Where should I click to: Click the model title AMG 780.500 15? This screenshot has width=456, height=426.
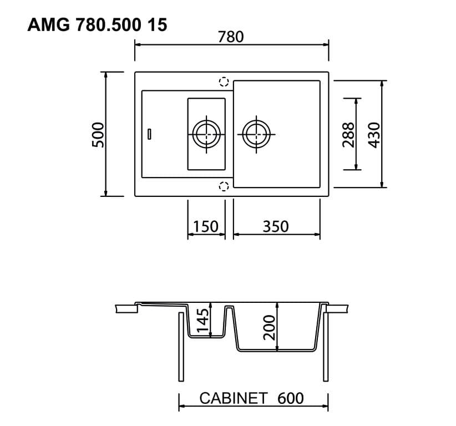click(97, 25)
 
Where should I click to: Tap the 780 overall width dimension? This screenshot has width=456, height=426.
click(231, 37)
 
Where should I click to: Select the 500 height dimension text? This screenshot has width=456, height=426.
click(98, 134)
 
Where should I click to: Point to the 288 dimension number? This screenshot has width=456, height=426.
click(348, 134)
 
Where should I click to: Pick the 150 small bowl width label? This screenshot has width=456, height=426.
click(205, 226)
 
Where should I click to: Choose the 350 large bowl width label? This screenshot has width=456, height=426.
click(276, 226)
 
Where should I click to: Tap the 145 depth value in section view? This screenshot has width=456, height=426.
click(204, 320)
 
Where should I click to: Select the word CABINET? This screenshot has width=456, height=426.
click(234, 398)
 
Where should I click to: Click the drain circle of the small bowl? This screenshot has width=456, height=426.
click(206, 134)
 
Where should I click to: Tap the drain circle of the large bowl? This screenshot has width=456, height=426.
click(256, 134)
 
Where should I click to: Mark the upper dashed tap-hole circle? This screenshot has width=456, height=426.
click(224, 82)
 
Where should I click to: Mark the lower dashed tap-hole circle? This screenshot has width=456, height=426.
click(224, 186)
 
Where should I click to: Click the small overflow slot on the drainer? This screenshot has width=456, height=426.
click(149, 133)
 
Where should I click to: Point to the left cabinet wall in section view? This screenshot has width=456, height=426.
click(181, 347)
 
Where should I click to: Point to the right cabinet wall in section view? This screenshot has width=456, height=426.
click(325, 347)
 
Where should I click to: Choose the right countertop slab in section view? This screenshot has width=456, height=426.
click(337, 308)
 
